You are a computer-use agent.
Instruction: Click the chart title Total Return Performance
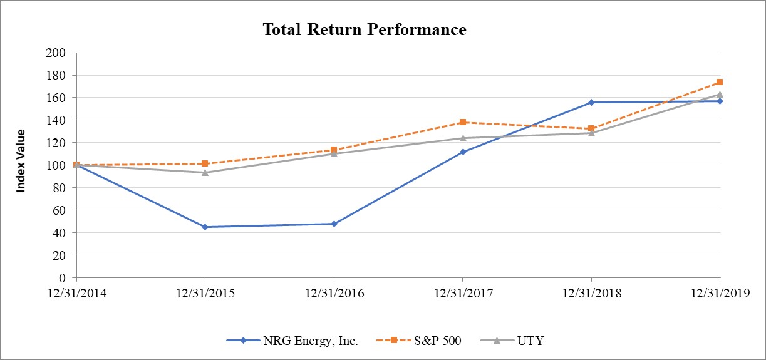364,29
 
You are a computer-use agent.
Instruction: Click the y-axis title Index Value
21,160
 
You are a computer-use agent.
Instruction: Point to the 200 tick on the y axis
57,53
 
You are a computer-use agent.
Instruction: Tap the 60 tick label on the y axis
60,210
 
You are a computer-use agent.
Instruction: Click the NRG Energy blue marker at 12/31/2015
205,227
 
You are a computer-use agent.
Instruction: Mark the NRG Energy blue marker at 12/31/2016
334,224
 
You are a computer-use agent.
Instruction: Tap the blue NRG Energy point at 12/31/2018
591,102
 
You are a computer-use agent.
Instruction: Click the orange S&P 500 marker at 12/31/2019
720,82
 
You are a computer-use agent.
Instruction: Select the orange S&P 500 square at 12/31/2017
463,122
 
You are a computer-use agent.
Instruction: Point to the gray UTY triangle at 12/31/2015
205,172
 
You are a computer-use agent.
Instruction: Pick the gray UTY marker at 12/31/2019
720,94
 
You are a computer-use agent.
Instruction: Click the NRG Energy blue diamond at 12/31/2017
463,152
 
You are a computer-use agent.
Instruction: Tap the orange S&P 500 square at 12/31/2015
205,163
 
